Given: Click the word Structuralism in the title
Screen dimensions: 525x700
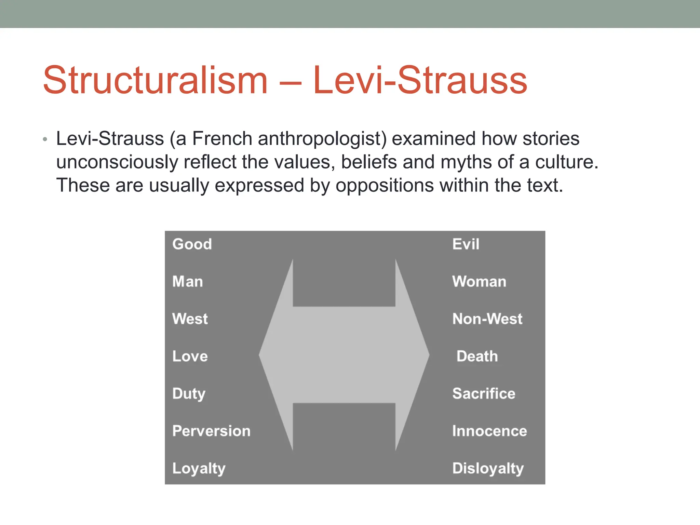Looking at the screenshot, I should click(155, 81).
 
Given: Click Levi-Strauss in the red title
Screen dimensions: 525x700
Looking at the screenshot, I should click(420, 81).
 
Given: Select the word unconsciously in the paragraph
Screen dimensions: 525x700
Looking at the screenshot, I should click(117, 162).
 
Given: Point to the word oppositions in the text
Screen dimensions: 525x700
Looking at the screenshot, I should click(385, 185).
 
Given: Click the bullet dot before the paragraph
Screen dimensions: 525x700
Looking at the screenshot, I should click(45, 139).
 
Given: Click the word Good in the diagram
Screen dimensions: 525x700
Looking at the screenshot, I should click(192, 244).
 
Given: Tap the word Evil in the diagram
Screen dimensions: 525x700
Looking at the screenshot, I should click(466, 244).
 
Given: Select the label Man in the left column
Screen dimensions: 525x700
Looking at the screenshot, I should click(188, 282).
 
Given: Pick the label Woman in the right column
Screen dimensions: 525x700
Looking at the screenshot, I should click(479, 282).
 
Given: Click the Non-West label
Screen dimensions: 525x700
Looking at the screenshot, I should click(487, 319).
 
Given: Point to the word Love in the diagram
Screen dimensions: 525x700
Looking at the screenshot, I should click(190, 356).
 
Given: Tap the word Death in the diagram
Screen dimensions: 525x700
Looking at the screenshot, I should click(477, 356).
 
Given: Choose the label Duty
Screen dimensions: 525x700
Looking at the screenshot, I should click(189, 394).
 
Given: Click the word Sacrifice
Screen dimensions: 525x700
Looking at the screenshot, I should click(484, 394).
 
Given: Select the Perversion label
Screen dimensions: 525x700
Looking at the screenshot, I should click(211, 431).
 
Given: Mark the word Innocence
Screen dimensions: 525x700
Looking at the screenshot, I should click(489, 431).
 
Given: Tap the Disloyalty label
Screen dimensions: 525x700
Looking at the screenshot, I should click(488, 469).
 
